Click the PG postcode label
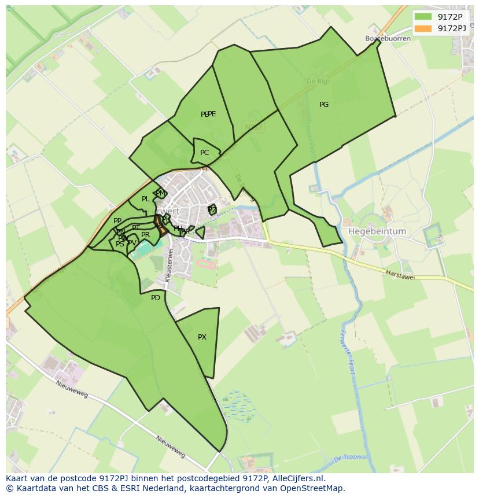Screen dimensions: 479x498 click(323, 105)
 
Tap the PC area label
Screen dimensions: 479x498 click(204, 153)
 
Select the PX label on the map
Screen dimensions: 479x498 click(202, 337)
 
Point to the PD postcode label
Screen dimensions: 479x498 click(155, 298)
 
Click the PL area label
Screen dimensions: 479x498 click(145, 199)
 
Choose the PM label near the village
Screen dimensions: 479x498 click(160, 193)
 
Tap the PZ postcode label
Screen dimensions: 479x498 click(212, 209)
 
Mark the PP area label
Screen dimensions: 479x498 click(117, 221)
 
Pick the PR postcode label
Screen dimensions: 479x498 click(145, 235)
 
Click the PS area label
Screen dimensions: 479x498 click(120, 244)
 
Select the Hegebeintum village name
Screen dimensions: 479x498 click(377, 231)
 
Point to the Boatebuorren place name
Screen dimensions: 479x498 click(388, 39)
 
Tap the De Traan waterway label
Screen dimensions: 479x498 click(347, 458)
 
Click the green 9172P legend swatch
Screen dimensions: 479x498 click(423, 16)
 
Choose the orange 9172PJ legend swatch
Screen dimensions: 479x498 click(423, 28)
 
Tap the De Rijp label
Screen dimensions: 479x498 click(318, 82)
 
